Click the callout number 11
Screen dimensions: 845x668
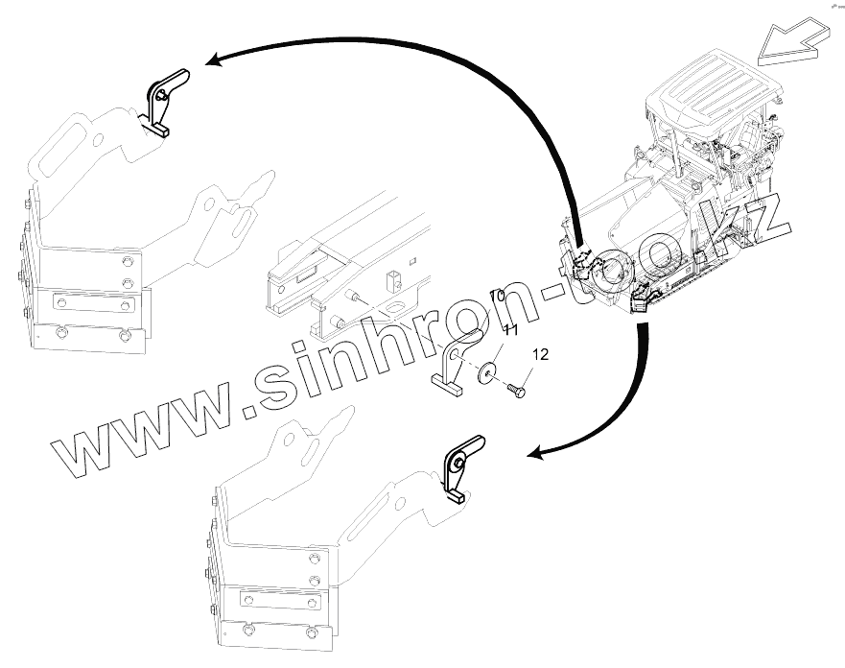(511, 331)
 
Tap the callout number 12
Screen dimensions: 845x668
(540, 355)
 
